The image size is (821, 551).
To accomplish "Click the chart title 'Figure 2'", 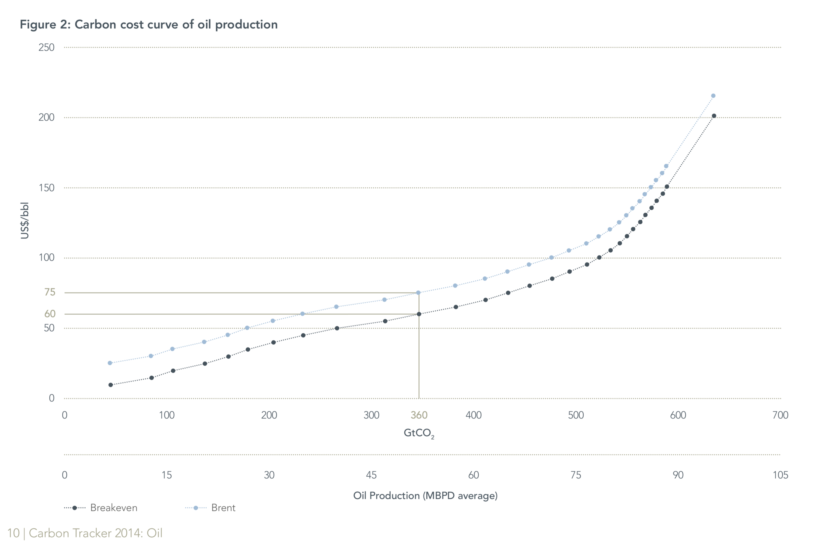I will (148, 25).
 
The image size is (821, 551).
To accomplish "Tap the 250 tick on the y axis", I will (46, 48).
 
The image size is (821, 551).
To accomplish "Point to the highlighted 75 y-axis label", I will (50, 292).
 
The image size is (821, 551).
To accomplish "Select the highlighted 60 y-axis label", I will (50, 314).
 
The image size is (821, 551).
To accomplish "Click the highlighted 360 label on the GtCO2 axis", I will (419, 415).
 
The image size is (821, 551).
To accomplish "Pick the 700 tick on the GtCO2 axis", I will (780, 415).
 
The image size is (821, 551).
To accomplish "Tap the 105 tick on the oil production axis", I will (780, 475).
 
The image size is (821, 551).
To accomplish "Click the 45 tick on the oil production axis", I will (371, 475).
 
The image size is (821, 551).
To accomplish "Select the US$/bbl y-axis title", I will (25, 221).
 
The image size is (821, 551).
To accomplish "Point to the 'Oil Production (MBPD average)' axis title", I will (425, 495).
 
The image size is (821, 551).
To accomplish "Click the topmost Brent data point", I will (713, 95).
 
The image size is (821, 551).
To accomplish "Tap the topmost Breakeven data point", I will (714, 116).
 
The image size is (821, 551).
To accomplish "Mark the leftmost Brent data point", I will (110, 363).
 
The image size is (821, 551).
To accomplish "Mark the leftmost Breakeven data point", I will (111, 385).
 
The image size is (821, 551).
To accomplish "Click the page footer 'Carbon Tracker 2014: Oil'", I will (95, 533).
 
